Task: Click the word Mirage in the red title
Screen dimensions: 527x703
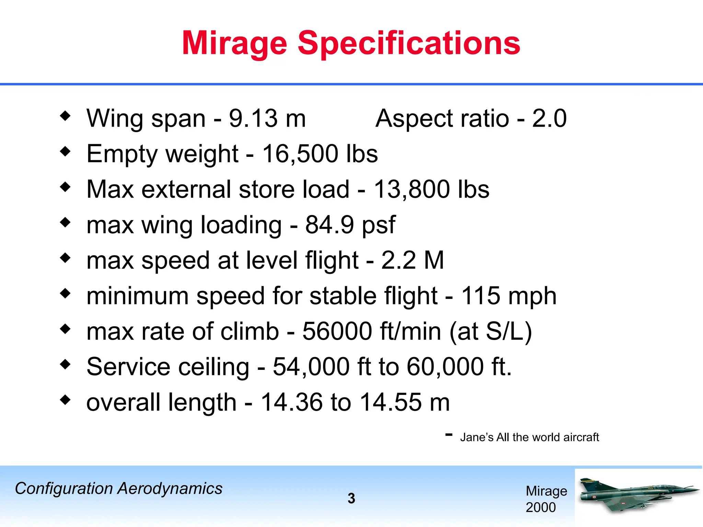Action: [x=234, y=43]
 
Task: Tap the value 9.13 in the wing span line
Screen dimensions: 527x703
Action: [x=253, y=118]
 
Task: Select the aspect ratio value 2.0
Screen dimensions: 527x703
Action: [x=549, y=118]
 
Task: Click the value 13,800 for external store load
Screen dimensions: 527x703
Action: [x=412, y=189]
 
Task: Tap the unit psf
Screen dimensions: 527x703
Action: [x=379, y=225]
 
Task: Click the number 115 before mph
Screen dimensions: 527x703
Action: [x=480, y=296]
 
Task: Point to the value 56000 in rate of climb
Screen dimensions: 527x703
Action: [x=337, y=331]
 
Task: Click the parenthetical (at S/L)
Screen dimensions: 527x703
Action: [x=491, y=331]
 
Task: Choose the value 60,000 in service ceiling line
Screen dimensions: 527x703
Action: [x=445, y=367]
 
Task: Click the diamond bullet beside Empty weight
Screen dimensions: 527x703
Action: [x=65, y=151]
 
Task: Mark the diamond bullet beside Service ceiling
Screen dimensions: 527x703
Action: [x=65, y=364]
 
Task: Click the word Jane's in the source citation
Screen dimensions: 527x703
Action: [x=476, y=437]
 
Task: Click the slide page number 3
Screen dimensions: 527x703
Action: [x=351, y=499]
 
